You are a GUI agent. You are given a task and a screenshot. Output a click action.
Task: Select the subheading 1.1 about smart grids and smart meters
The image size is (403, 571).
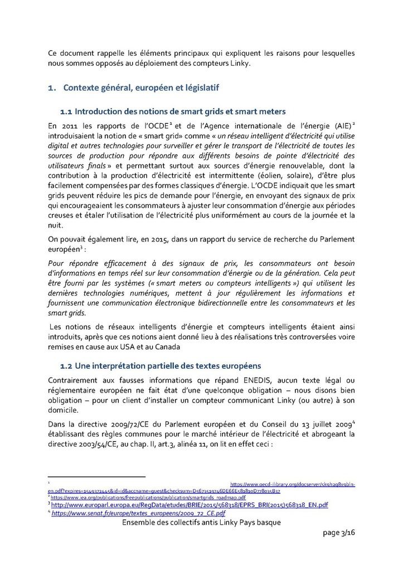(173, 111)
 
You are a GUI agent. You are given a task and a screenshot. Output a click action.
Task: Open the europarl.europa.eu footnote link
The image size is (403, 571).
(190, 505)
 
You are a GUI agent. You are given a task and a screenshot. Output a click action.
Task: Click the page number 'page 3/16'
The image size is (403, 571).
(338, 534)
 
